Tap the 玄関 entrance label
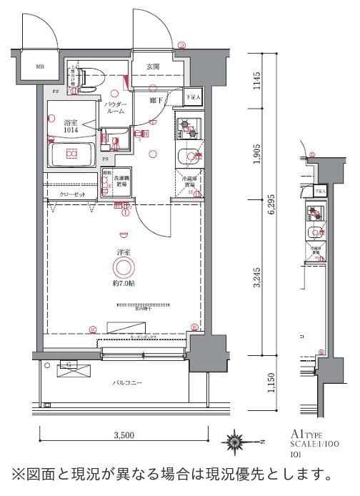click(153, 66)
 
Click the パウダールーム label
click(116, 108)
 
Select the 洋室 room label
click(123, 252)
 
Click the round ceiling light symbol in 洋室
click(123, 268)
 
